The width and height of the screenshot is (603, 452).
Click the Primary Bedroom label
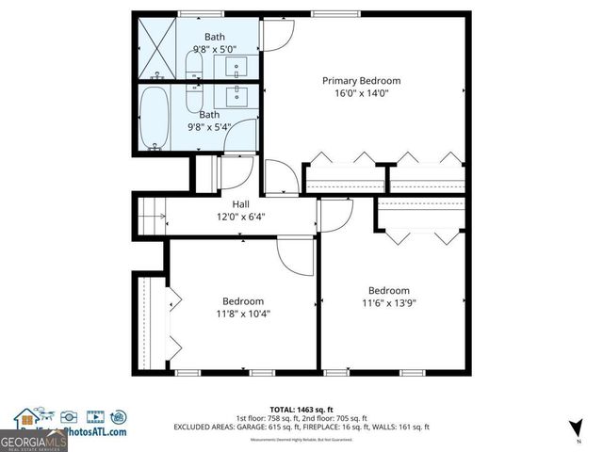pos(361,81)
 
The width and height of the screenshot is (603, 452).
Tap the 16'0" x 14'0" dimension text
pos(361,93)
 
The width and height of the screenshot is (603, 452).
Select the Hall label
pos(241,203)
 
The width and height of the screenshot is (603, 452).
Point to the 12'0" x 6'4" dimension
pos(241,217)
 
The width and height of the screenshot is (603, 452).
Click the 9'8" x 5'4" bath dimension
pos(208,127)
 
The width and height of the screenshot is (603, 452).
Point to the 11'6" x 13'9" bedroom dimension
pos(388,303)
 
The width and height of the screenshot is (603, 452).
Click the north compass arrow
pos(570,429)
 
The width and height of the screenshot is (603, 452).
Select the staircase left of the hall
pos(152,215)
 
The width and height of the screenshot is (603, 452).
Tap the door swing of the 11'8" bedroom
pos(296,255)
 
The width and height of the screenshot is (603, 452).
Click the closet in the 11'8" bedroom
pos(152,320)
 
